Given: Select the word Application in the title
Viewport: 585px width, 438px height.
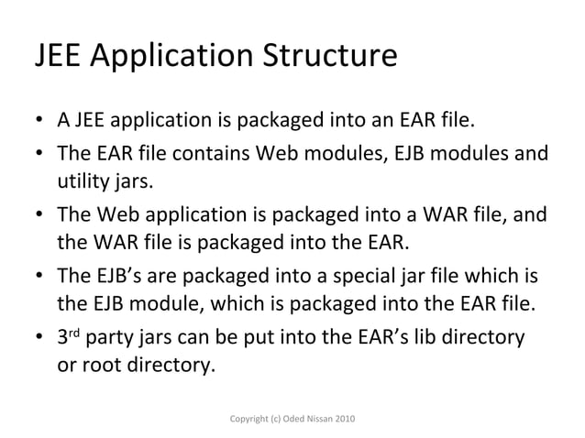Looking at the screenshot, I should tap(169, 58).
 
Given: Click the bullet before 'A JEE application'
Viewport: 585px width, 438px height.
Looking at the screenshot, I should tap(40, 123).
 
